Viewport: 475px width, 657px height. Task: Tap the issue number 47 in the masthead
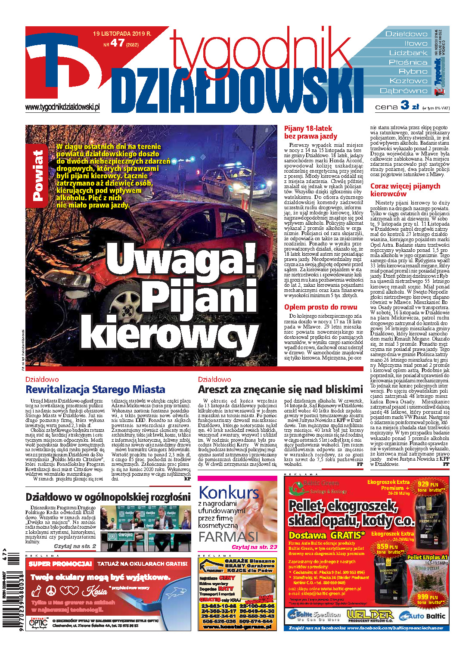pos(117,43)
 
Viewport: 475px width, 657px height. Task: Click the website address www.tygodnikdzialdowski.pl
pos(63,107)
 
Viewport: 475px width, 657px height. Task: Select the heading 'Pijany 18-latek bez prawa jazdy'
pos(310,132)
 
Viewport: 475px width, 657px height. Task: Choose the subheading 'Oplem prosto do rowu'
pos(320,307)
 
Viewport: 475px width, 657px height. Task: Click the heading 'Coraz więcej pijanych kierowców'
pos(405,190)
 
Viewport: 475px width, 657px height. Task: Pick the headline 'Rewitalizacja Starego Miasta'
pos(95,390)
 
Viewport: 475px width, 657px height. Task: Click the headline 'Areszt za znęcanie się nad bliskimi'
pos(280,390)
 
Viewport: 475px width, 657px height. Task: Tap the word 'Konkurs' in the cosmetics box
pos(229,492)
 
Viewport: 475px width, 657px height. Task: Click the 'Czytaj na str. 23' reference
pos(254,547)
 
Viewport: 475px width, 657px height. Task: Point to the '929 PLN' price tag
pos(428,484)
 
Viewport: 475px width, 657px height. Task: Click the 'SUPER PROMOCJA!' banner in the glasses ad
pos(60,564)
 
